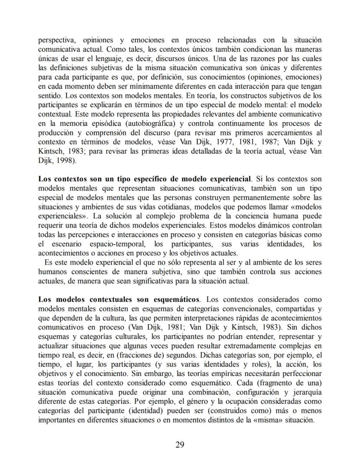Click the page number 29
tap(180, 444)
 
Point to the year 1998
tap(63, 160)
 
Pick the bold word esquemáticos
tap(177, 299)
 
